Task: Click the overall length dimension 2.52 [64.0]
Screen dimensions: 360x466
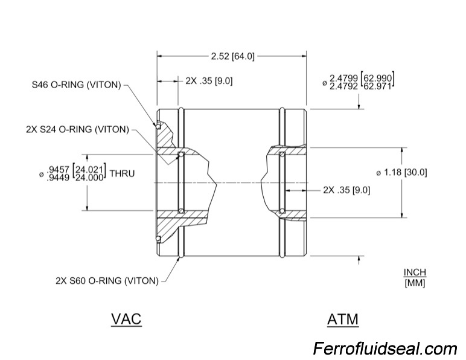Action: point(232,56)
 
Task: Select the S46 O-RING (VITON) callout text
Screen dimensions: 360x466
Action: point(77,85)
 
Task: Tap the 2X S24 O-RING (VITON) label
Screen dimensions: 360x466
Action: point(77,129)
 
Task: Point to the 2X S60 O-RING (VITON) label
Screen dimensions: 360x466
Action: point(107,280)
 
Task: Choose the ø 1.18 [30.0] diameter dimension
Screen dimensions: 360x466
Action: point(401,172)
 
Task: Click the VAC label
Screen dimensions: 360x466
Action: point(126,318)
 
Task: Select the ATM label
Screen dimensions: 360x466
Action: point(342,318)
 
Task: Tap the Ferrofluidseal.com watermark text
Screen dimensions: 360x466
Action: point(385,349)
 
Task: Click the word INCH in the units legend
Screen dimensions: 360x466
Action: point(415,272)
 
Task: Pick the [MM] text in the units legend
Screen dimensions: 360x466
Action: point(415,283)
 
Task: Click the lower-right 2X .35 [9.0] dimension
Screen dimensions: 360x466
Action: point(346,189)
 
